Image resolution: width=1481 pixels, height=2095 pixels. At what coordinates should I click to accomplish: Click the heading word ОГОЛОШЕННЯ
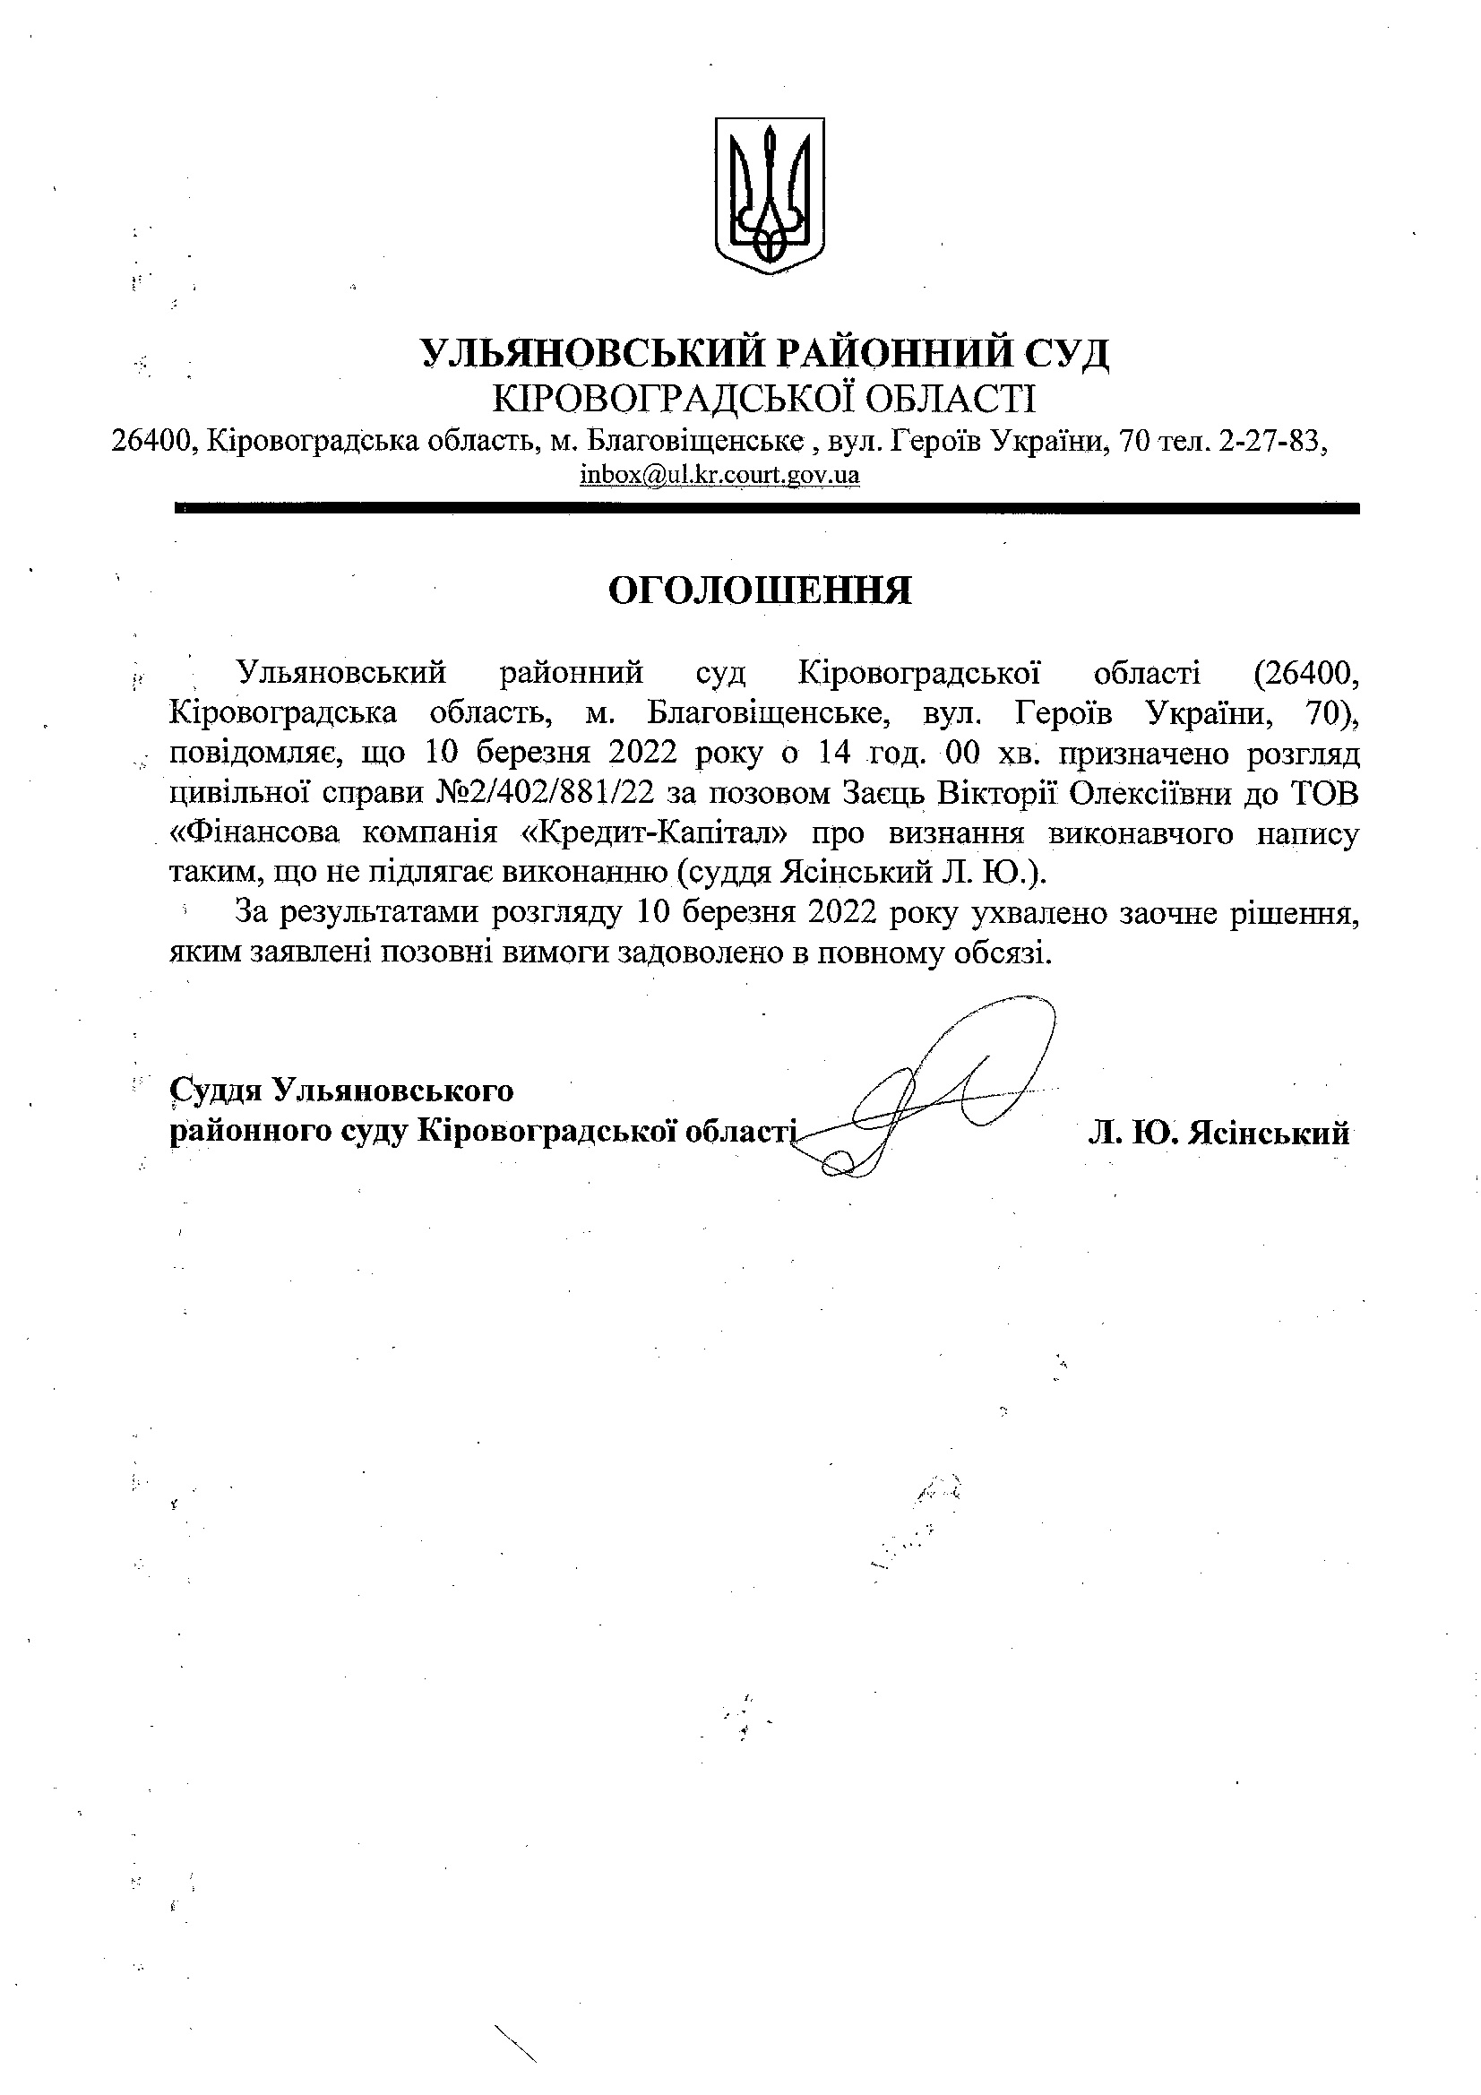759,591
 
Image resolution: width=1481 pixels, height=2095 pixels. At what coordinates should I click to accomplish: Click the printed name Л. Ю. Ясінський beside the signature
1218,1133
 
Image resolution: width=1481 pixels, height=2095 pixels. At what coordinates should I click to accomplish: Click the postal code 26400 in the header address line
151,442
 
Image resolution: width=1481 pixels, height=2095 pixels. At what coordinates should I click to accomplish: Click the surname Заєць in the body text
876,794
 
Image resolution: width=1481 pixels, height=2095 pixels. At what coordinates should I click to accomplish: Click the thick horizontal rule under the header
767,508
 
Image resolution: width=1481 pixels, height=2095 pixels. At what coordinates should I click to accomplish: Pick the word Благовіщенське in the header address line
693,442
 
